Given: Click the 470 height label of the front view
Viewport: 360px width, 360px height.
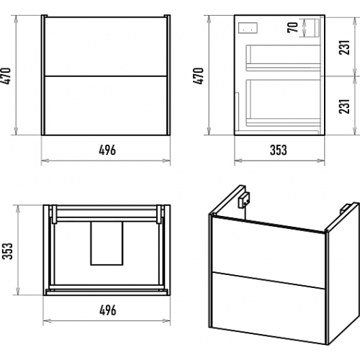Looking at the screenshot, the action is (6, 76).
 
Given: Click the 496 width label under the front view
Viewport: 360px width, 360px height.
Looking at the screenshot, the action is (107, 150).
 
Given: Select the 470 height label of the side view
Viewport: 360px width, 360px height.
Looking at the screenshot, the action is (198, 76).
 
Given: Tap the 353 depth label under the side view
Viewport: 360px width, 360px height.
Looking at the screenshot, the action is (279, 150).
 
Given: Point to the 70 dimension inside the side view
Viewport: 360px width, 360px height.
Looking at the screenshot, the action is (292, 27).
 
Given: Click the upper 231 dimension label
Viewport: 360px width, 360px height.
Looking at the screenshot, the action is (344, 48).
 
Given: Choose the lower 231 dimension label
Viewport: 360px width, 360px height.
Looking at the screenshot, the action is (344, 106).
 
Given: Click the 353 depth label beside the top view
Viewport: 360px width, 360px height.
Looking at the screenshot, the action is (7, 251).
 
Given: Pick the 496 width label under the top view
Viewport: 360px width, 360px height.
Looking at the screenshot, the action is (108, 310).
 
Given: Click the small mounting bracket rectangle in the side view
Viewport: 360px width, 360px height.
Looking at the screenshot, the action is (248, 27).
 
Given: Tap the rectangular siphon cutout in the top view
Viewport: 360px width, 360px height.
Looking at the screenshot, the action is (107, 243).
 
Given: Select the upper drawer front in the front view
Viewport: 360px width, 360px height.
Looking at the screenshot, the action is (106, 47).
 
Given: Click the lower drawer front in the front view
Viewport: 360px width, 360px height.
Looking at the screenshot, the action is (106, 106).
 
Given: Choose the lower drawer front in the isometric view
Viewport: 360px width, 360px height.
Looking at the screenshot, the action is (269, 308).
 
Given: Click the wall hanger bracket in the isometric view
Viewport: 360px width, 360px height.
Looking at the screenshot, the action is (243, 200).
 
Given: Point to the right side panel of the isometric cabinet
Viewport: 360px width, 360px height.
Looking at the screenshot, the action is (343, 274).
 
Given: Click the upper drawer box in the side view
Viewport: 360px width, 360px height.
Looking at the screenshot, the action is (284, 58).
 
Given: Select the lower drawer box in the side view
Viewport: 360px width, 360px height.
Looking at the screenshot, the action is (284, 103).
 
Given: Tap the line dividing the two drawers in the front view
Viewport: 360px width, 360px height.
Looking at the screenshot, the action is (106, 76).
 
